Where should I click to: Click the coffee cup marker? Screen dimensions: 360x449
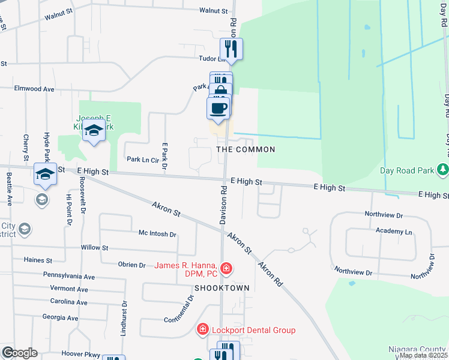[218, 109]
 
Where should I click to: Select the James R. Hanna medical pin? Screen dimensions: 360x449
[226, 268]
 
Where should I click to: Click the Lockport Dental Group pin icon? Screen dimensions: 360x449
[203, 329]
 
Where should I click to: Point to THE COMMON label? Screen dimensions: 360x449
[246, 149]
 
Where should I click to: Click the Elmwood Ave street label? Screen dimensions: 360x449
[35, 89]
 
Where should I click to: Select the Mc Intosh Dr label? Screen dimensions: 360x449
[157, 234]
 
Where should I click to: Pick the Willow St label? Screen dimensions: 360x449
[95, 247]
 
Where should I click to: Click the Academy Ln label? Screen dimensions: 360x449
[394, 231]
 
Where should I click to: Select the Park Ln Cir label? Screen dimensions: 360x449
[142, 160]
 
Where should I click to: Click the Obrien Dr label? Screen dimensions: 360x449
[132, 265]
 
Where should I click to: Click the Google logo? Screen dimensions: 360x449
[19, 353]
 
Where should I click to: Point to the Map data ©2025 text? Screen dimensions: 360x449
[424, 355]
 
